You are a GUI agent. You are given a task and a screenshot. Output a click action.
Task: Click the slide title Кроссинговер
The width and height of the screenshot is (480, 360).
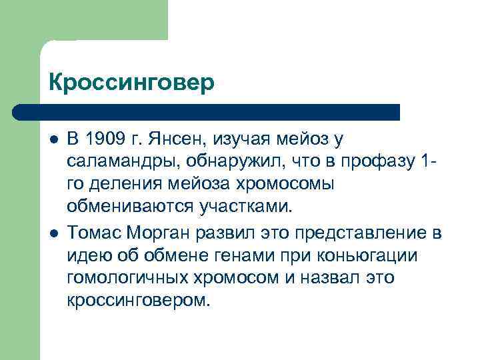point(132,83)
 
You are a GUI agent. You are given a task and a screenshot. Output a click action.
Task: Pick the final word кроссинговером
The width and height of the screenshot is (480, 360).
point(138,300)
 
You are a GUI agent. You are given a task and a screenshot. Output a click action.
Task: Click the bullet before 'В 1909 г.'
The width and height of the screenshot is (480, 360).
point(53,139)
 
